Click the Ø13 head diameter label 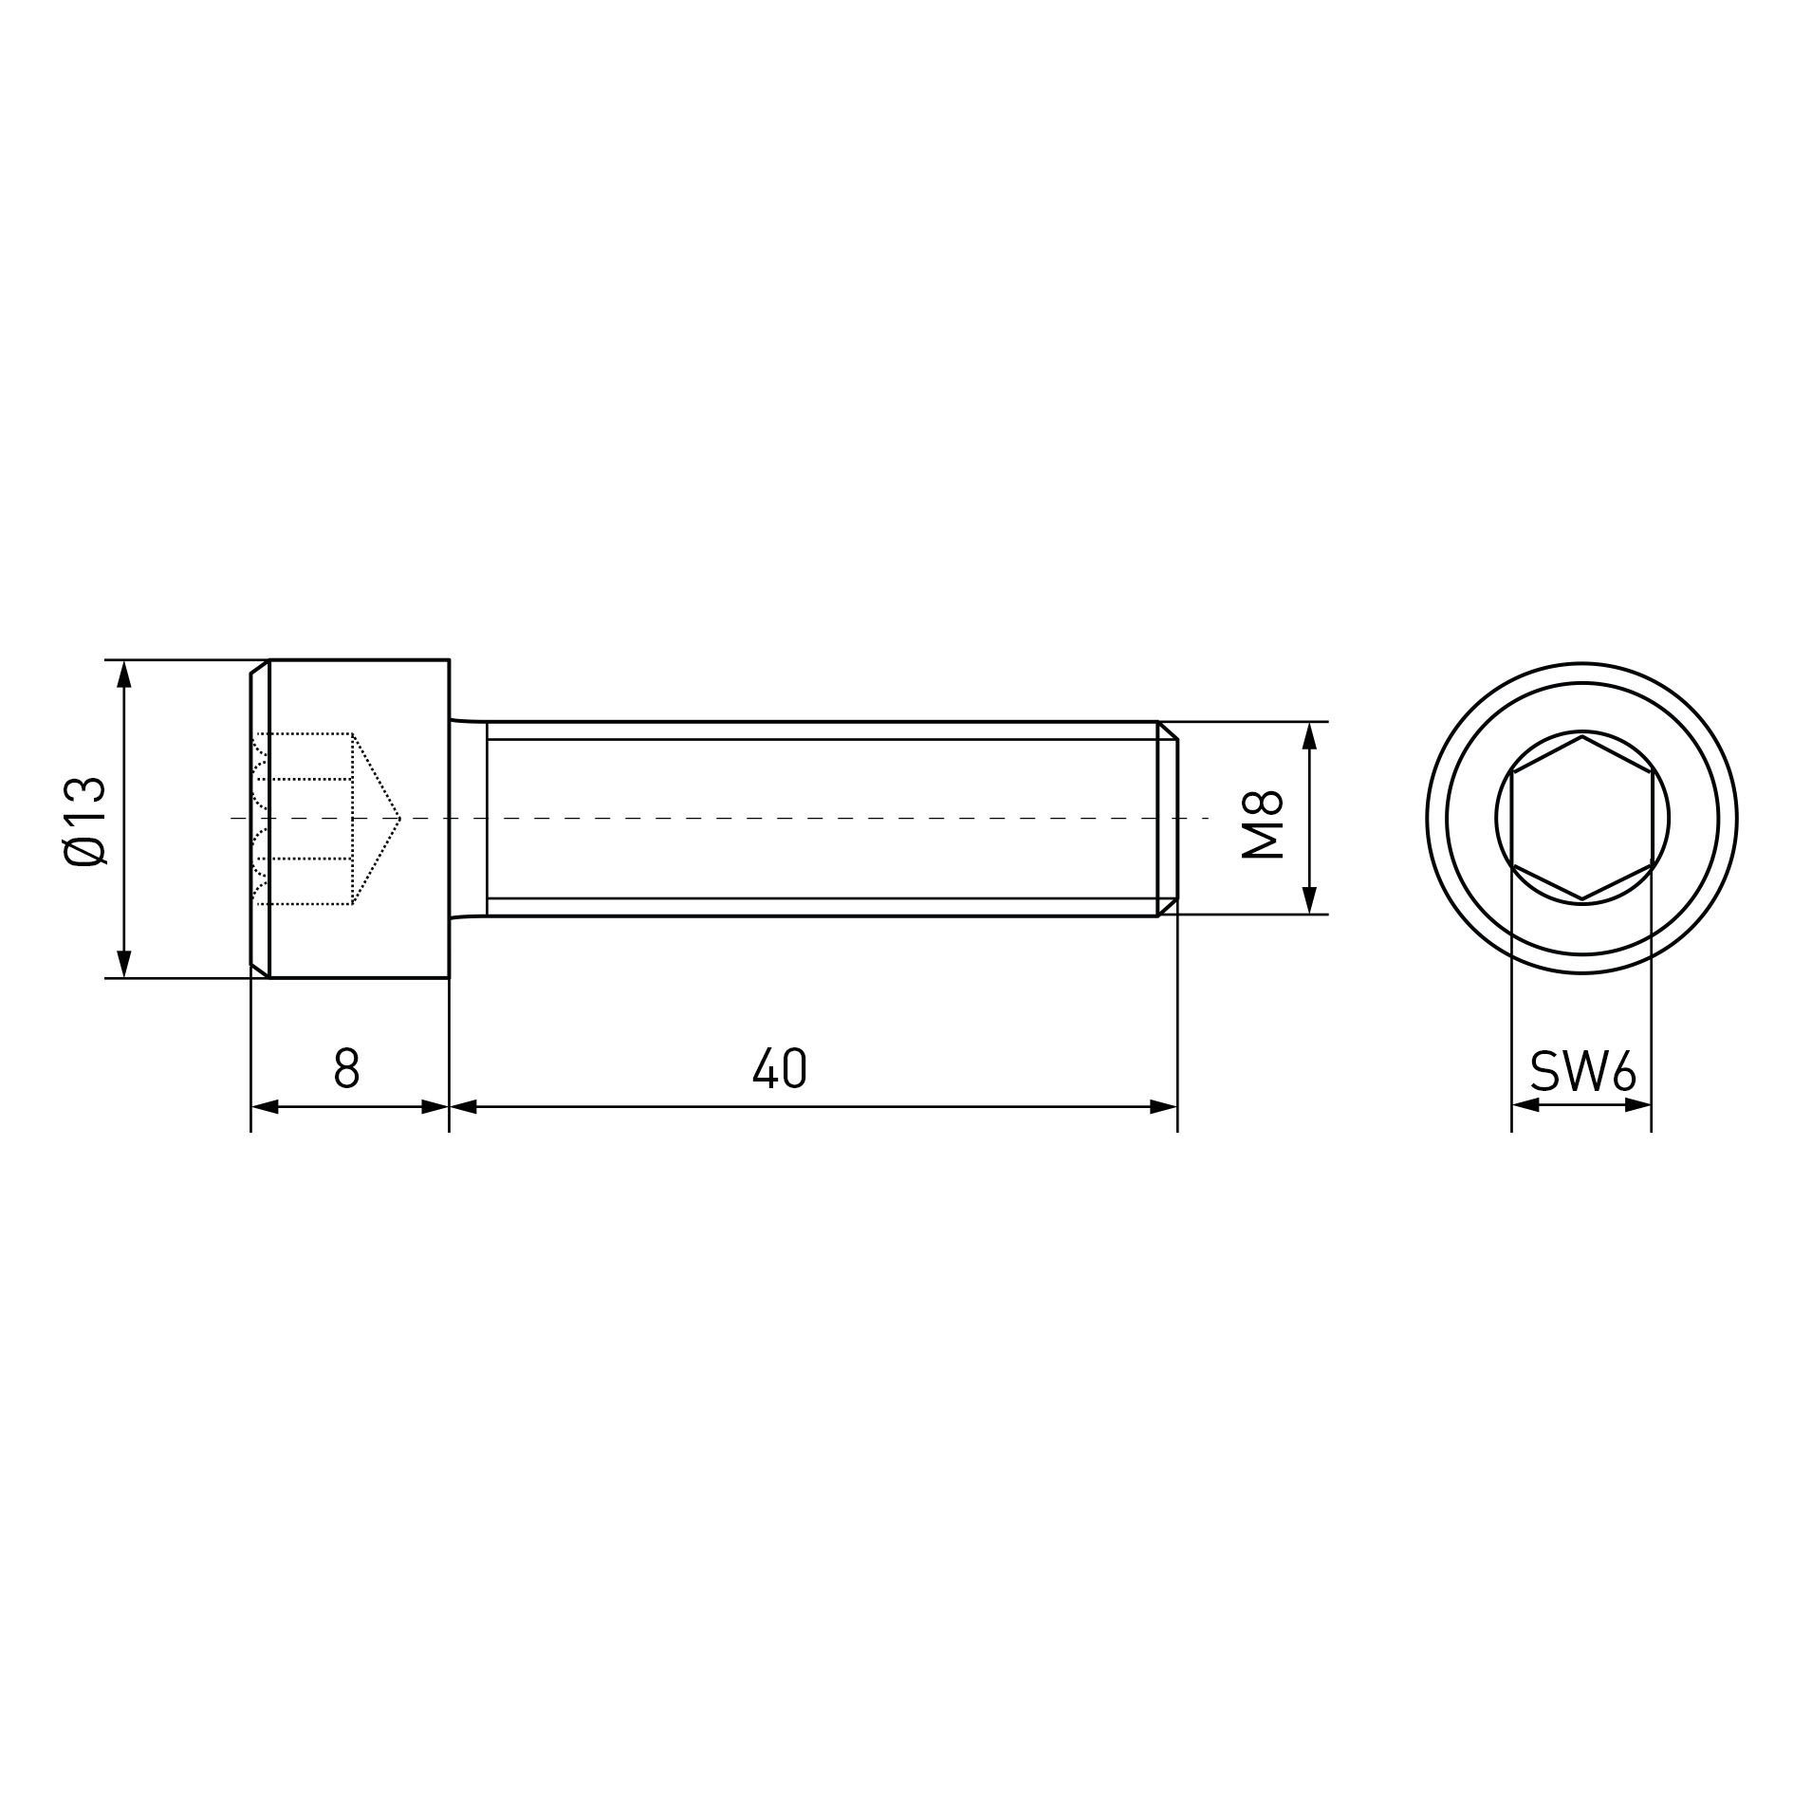point(84,821)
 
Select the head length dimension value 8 point(347,1067)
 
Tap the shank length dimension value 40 point(780,1067)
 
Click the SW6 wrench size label point(1583,1072)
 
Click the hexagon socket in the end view point(1582,817)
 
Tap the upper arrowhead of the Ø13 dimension point(123,674)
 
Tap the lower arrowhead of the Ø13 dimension point(123,964)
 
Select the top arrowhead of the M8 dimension point(1309,735)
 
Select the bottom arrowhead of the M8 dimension point(1309,900)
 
